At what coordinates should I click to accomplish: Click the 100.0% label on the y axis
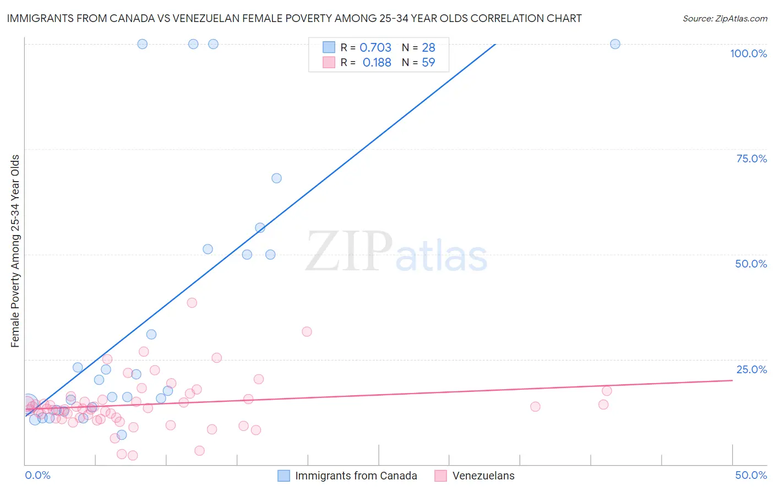click(748, 53)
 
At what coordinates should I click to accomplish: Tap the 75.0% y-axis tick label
click(751, 159)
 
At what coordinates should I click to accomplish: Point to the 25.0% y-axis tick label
click(751, 369)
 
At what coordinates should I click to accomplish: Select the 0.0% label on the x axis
click(38, 475)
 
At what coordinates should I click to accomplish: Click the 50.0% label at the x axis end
click(751, 475)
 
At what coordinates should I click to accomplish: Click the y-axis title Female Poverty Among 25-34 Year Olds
click(15, 251)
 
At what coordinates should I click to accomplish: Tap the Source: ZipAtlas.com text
click(724, 19)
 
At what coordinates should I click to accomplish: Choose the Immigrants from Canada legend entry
click(356, 476)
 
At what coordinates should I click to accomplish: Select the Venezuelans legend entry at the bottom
click(483, 476)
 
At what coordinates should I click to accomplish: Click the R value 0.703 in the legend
click(375, 48)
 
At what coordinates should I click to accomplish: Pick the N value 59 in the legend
click(428, 63)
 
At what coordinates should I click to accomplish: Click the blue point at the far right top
click(615, 44)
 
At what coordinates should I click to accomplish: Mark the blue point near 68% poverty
click(276, 178)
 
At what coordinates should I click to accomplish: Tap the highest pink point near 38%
click(192, 303)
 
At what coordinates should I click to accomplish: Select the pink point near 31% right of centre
click(307, 331)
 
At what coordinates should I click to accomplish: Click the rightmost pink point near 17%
click(607, 391)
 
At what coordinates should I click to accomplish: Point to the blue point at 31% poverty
click(151, 335)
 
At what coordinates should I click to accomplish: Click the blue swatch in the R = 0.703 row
click(329, 47)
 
